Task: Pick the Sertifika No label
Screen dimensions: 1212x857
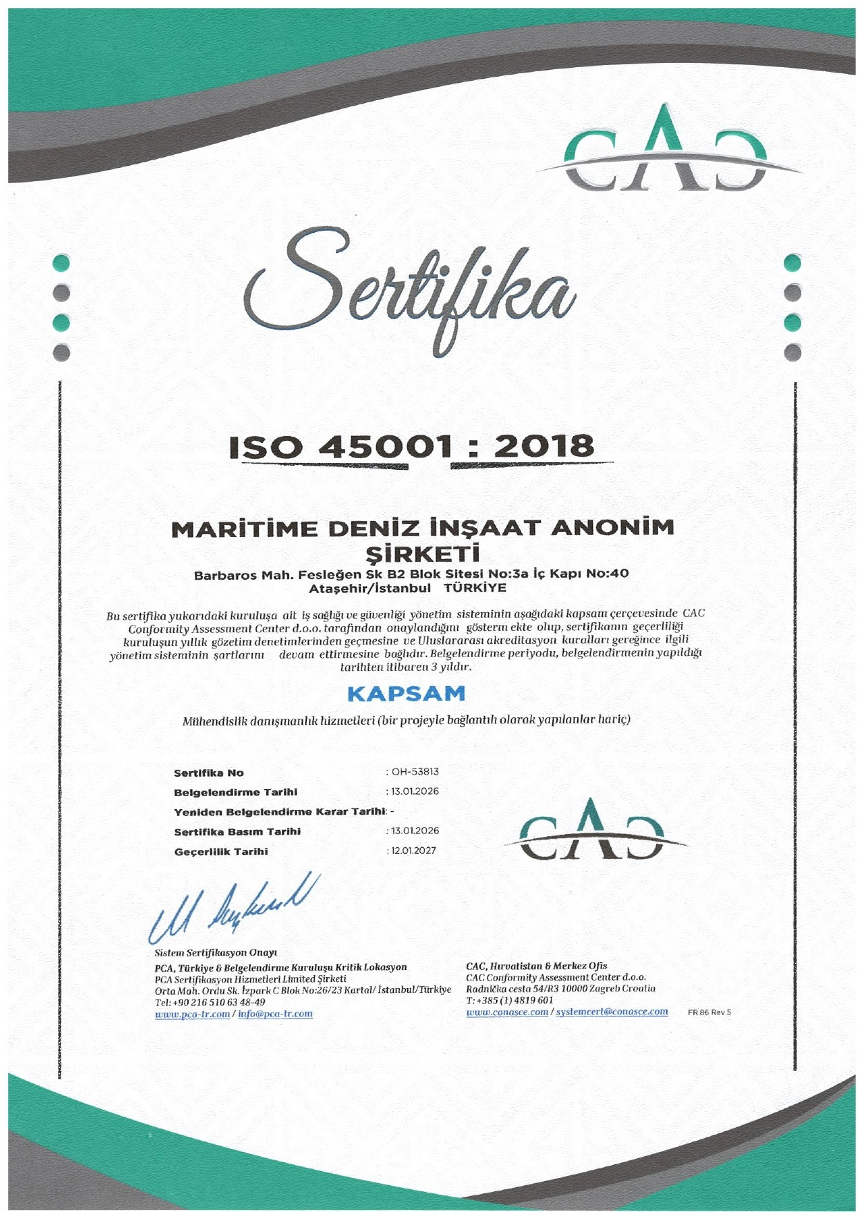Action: (x=209, y=773)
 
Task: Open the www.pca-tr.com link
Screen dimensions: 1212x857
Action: (x=193, y=1014)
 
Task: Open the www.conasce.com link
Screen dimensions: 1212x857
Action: (x=507, y=1012)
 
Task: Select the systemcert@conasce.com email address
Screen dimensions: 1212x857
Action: (x=612, y=1012)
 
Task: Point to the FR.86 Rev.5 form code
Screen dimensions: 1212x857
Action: (x=709, y=1012)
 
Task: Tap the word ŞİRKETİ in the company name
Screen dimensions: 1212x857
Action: (x=422, y=554)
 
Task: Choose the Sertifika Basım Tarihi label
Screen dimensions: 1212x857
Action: (x=237, y=831)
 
